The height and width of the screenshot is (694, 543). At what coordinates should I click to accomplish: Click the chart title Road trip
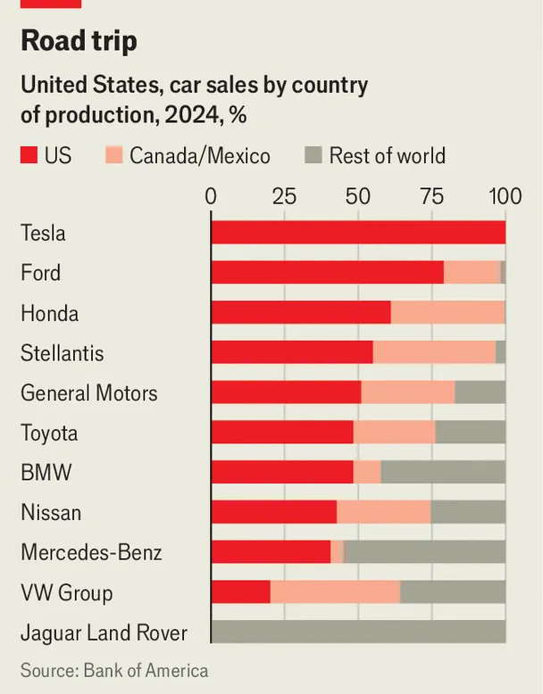(x=79, y=41)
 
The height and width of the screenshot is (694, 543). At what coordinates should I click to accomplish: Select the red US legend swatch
(x=29, y=156)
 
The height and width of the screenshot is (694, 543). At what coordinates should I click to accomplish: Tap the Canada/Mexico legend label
(x=199, y=156)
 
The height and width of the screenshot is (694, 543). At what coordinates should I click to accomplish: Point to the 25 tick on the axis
(x=284, y=195)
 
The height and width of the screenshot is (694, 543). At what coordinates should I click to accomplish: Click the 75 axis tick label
(x=431, y=195)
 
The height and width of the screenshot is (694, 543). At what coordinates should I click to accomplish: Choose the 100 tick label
(x=505, y=195)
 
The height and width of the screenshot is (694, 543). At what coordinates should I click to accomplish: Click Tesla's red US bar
(x=357, y=233)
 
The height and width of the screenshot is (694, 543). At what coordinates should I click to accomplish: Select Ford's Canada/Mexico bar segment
(x=472, y=273)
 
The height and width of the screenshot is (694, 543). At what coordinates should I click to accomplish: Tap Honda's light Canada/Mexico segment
(x=447, y=313)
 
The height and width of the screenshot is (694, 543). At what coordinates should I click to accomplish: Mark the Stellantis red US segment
(x=292, y=353)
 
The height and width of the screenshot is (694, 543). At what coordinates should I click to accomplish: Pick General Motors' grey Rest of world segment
(x=480, y=393)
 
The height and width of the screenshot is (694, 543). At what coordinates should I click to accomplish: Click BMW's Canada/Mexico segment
(x=367, y=473)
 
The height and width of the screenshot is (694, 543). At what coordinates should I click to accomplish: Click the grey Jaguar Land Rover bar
(x=357, y=632)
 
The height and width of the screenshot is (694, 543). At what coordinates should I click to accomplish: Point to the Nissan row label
(x=51, y=513)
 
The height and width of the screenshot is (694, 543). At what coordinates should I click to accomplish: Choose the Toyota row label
(x=49, y=434)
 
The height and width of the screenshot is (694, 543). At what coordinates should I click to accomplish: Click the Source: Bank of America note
(x=114, y=671)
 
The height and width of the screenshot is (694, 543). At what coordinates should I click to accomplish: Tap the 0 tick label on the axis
(x=211, y=195)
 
